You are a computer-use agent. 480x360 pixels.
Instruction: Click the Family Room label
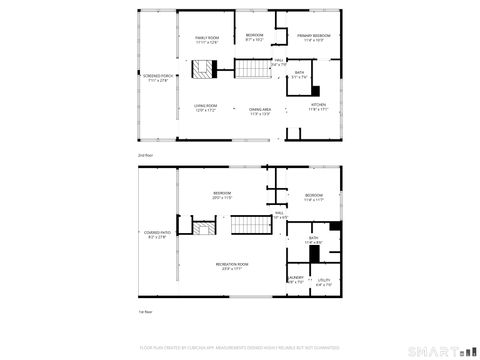click(x=206, y=39)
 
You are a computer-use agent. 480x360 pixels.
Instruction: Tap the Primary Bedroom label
click(x=313, y=38)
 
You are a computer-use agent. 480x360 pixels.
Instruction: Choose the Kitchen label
click(x=318, y=106)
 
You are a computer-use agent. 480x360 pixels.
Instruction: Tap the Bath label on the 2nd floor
click(x=299, y=74)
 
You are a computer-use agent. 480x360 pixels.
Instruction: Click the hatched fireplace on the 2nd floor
click(x=205, y=69)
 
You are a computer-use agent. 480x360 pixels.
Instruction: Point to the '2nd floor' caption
click(x=146, y=155)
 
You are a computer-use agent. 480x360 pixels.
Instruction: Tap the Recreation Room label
click(x=233, y=265)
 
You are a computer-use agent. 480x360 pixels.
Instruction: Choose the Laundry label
click(x=295, y=279)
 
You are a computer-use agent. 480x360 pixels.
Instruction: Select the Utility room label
click(x=323, y=283)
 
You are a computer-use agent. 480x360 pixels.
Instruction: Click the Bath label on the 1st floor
click(x=312, y=241)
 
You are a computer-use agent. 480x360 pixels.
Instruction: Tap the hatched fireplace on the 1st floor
click(x=205, y=232)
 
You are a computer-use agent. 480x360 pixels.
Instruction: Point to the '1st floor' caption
click(x=146, y=312)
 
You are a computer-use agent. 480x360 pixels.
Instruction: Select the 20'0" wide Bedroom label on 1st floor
click(x=222, y=196)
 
